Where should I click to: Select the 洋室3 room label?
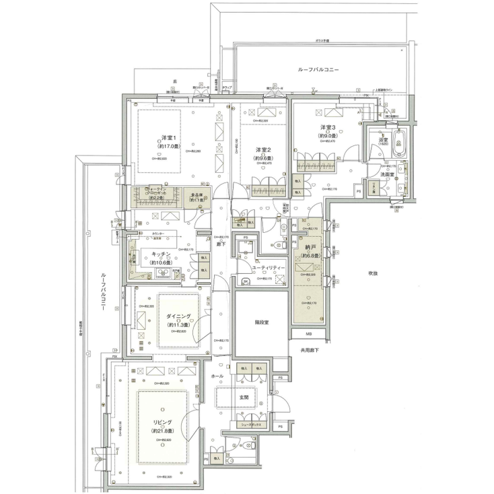pos(327,127)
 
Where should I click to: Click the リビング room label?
pos(162,422)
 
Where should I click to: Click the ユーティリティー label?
pos(268,268)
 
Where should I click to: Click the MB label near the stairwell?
pos(309,334)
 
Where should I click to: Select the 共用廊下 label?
pos(309,351)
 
